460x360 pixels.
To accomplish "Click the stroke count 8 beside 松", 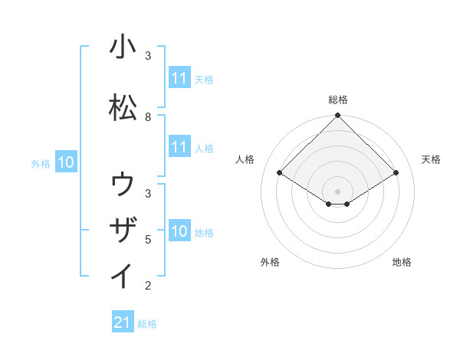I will point(148,117).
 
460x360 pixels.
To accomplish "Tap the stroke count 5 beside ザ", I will point(148,240).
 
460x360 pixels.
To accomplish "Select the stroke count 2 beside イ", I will point(148,286).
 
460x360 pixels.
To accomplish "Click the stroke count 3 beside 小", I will point(148,56).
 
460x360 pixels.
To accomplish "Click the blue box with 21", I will point(123,323).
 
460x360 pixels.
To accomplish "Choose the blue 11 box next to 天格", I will point(179,78).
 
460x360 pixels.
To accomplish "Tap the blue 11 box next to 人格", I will point(179,148).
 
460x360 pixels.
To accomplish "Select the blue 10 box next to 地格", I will point(179,231).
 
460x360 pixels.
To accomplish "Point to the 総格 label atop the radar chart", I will point(338,100).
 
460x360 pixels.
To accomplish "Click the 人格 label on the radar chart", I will point(245,159).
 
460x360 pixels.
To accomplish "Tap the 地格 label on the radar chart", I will point(402,262).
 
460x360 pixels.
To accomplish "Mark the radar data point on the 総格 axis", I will point(338,116).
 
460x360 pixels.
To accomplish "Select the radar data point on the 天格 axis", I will point(396,173).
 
